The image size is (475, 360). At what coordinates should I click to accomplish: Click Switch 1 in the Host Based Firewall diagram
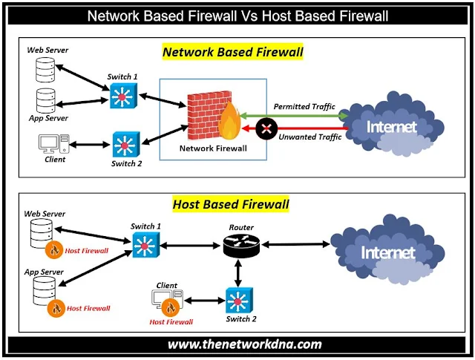(145, 244)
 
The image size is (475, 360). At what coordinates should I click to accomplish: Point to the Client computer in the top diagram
(53, 143)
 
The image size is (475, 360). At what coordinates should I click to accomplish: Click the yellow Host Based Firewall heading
(231, 203)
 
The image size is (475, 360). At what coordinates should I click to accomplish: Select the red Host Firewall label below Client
(171, 321)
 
